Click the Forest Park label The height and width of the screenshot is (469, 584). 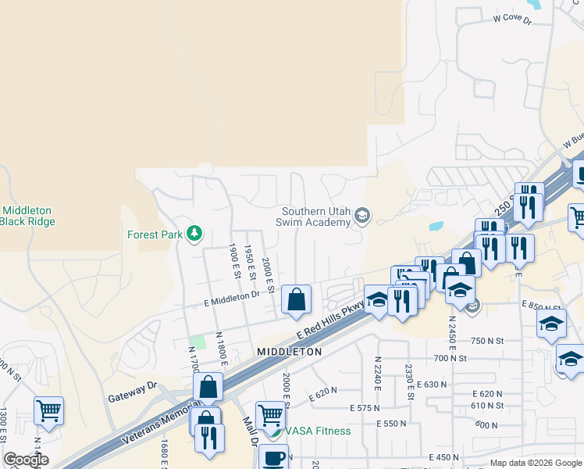pyautogui.click(x=155, y=234)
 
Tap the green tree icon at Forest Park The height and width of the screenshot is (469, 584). pyautogui.click(x=193, y=234)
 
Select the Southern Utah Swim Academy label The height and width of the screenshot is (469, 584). pyautogui.click(x=316, y=217)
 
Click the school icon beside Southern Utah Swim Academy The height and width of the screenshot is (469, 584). pyautogui.click(x=362, y=214)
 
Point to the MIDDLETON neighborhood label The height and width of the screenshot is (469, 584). pyautogui.click(x=289, y=353)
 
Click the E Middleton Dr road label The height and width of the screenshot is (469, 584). pyautogui.click(x=231, y=296)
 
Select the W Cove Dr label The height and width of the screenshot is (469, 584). pyautogui.click(x=511, y=17)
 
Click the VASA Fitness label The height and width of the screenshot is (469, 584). pyautogui.click(x=318, y=431)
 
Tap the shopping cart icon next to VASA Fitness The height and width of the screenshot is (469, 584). pyautogui.click(x=270, y=414)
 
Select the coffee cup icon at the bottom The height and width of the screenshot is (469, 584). pyautogui.click(x=273, y=458)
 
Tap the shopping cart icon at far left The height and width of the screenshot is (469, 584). pyautogui.click(x=48, y=410)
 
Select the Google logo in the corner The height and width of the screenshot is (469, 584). pyautogui.click(x=27, y=460)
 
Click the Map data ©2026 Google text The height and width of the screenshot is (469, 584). pyautogui.click(x=535, y=463)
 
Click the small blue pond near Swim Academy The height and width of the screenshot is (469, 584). pyautogui.click(x=436, y=226)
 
